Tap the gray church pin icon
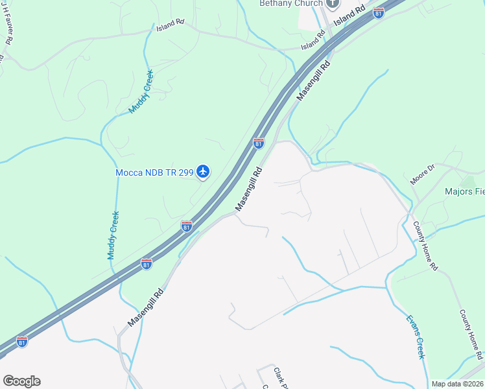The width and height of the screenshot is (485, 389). (333, 3)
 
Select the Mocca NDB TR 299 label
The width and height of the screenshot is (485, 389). (155, 172)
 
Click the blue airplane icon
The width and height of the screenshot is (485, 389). (204, 172)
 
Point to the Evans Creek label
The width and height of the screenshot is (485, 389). (416, 337)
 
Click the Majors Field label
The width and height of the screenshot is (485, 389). (464, 192)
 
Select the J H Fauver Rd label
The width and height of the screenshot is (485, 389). (8, 30)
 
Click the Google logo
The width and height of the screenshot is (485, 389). (21, 381)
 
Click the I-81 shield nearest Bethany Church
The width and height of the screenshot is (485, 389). (378, 12)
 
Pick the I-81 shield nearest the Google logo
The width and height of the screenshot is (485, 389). (22, 341)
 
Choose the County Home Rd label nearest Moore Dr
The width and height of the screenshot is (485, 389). (426, 246)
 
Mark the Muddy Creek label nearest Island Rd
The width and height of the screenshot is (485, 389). (141, 91)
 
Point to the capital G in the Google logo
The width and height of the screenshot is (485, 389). (9, 381)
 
